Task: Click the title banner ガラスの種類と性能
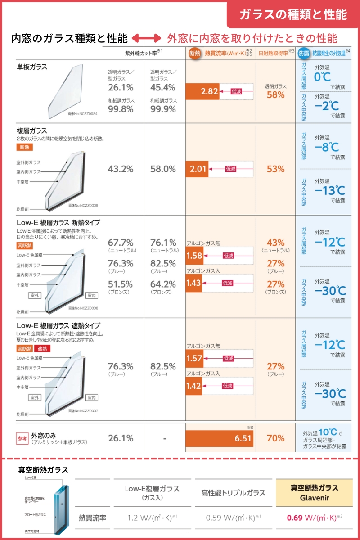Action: click(x=293, y=14)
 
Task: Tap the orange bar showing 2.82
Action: click(x=202, y=91)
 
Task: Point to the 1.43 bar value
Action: click(x=194, y=283)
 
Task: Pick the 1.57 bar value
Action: click(x=194, y=359)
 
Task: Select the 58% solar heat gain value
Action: click(x=275, y=95)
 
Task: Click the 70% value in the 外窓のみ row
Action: click(x=275, y=438)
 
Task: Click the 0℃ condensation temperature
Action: click(x=323, y=76)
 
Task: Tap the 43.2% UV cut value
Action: click(x=121, y=169)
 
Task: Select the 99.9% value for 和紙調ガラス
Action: click(x=163, y=109)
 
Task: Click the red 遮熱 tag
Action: click(x=44, y=348)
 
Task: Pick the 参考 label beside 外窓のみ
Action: click(x=22, y=437)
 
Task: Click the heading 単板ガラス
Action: click(x=32, y=67)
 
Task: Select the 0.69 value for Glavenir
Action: click(x=294, y=517)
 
